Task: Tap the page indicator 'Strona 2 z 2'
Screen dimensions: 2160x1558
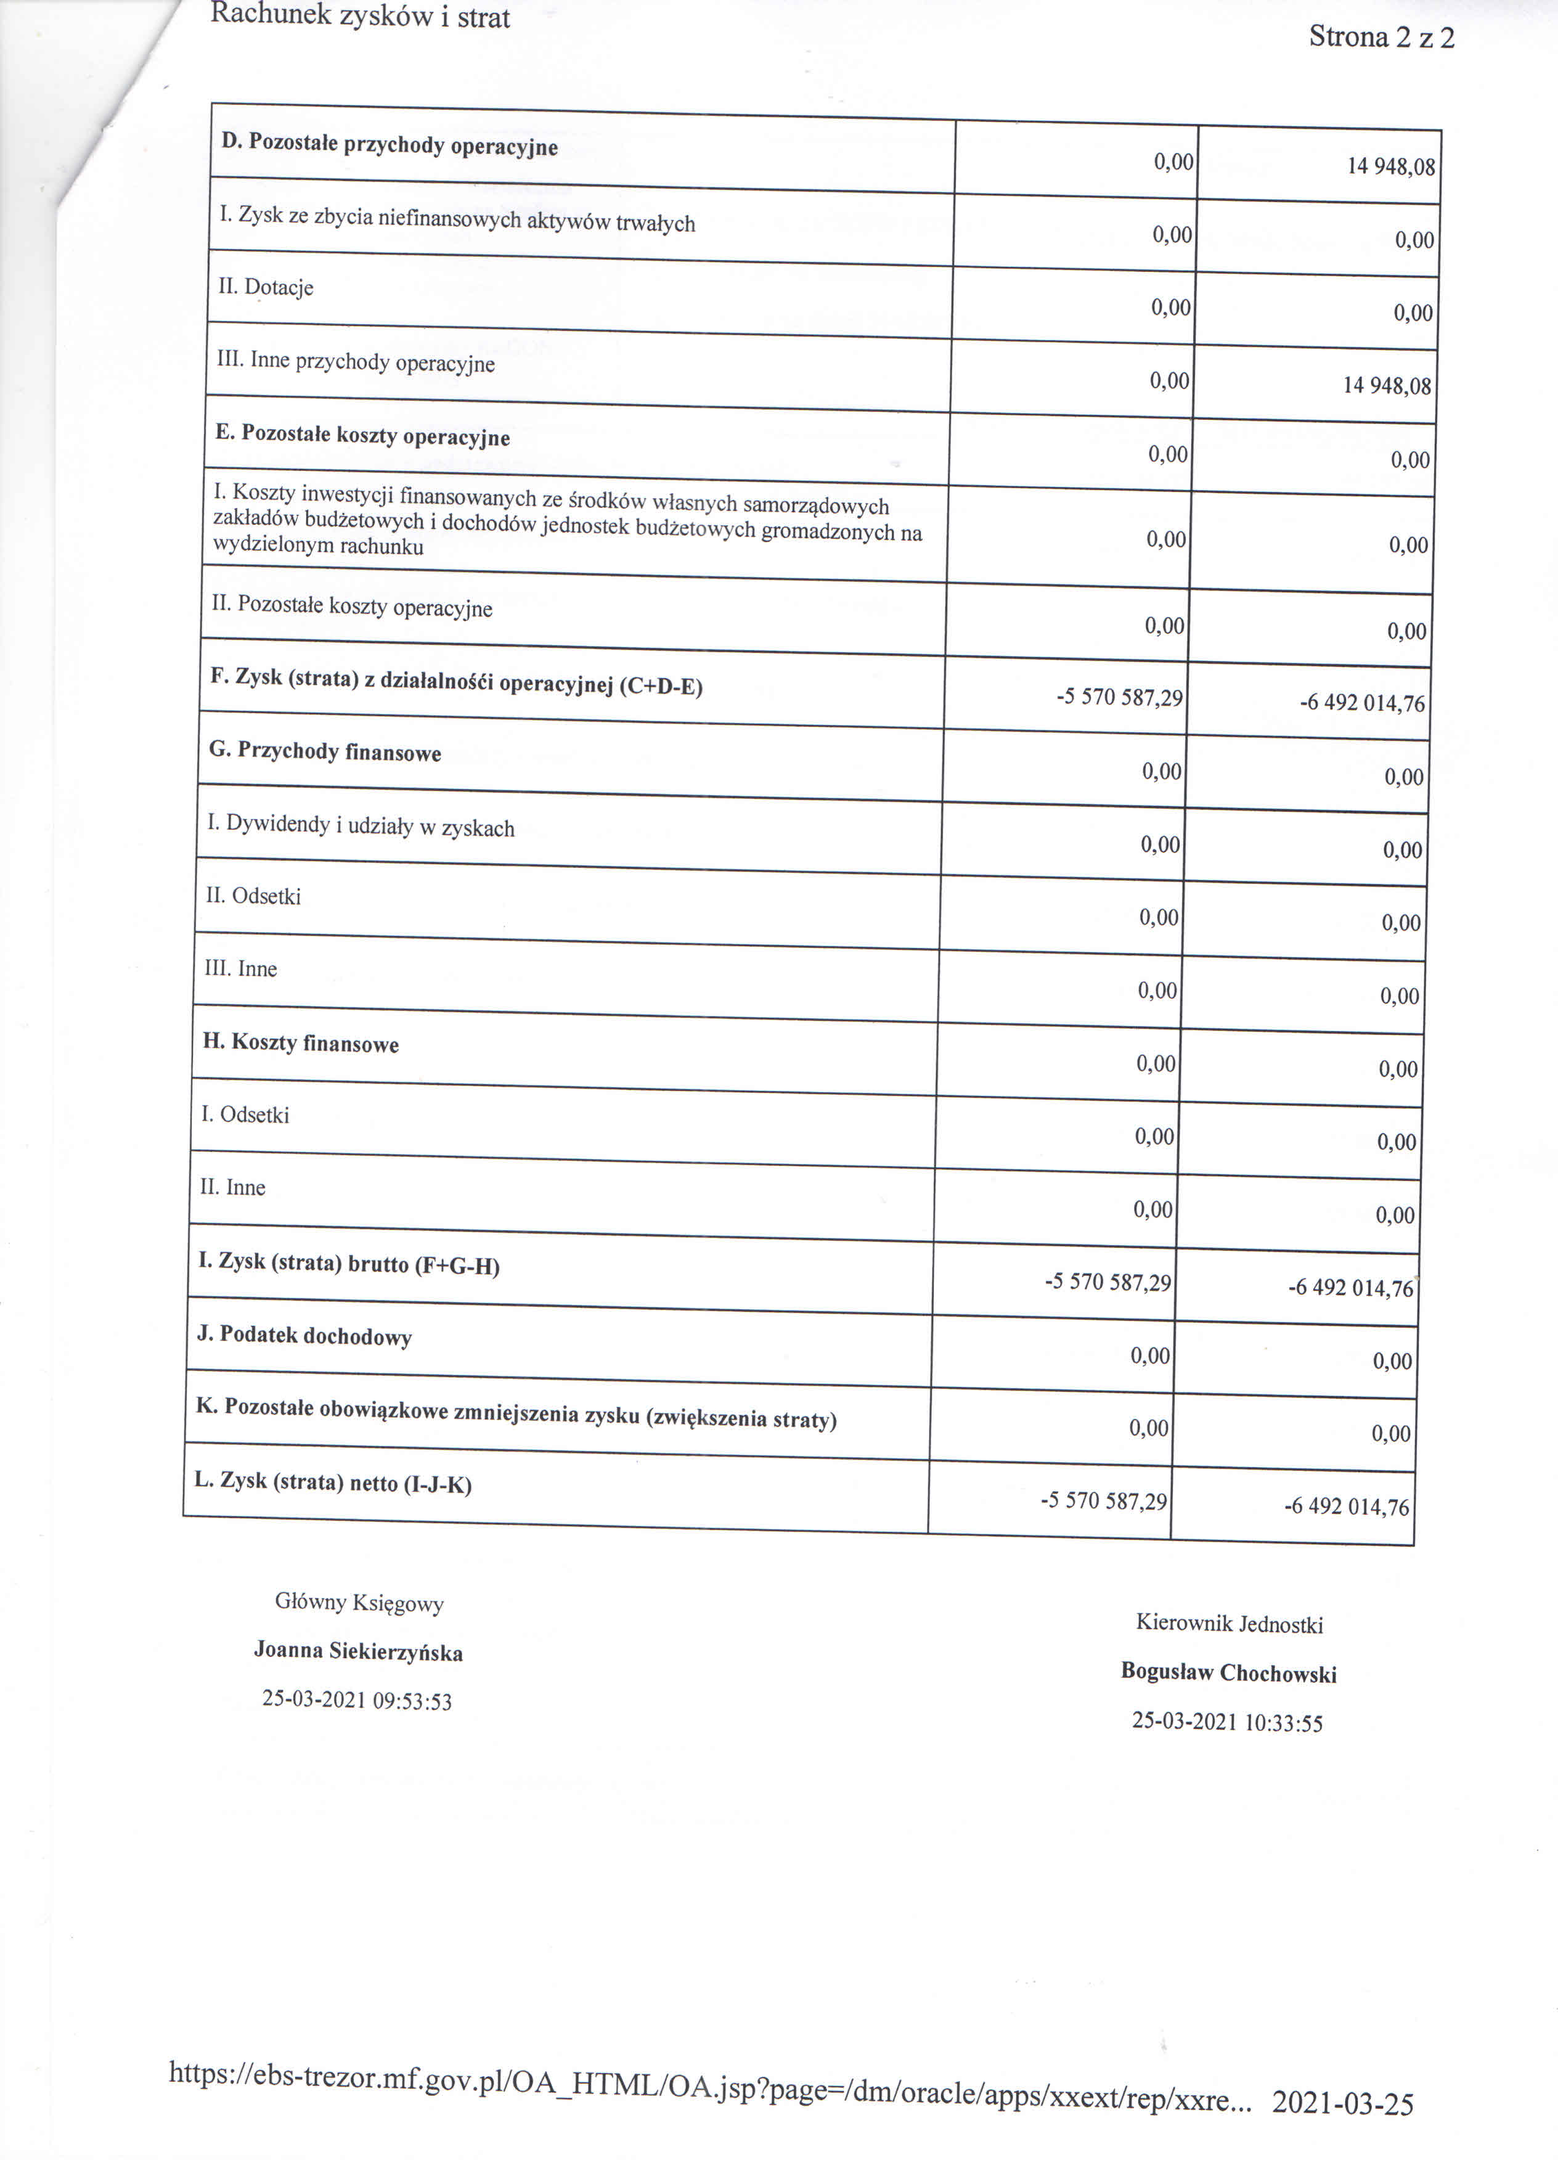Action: [1381, 37]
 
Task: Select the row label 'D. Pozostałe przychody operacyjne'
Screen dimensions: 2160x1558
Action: [389, 145]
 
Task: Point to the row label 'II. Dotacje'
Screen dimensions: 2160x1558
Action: [266, 287]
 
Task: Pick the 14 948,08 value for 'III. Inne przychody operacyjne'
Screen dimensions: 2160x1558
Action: [1387, 386]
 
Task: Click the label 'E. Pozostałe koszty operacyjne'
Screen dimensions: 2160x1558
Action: [363, 436]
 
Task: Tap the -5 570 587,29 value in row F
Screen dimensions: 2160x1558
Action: [1119, 697]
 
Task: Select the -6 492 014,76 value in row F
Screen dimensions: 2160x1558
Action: [1362, 703]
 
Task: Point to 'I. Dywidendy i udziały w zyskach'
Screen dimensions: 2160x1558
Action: [361, 827]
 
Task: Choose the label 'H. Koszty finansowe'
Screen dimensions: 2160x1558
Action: [300, 1043]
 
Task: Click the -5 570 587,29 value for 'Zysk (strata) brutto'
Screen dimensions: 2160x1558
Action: [1107, 1282]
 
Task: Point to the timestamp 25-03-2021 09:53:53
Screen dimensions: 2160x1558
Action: [357, 1701]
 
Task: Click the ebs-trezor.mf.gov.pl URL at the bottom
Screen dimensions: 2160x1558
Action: [709, 2099]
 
